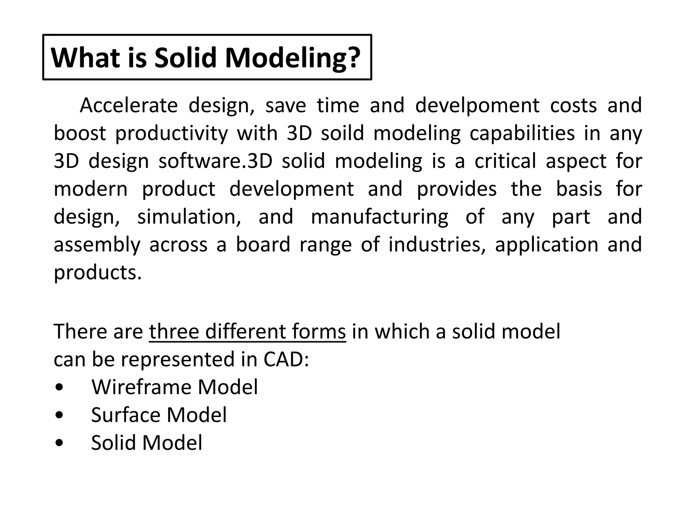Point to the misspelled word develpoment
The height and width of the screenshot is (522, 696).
[477, 106]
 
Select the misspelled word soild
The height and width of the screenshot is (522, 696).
[342, 133]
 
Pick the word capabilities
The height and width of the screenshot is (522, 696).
[522, 134]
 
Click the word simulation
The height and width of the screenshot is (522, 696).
[189, 217]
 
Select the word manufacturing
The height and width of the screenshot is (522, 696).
[379, 217]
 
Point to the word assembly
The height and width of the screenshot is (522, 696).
[97, 245]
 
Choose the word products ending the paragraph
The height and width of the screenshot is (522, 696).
[97, 273]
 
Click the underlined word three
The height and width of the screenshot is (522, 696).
[174, 331]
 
